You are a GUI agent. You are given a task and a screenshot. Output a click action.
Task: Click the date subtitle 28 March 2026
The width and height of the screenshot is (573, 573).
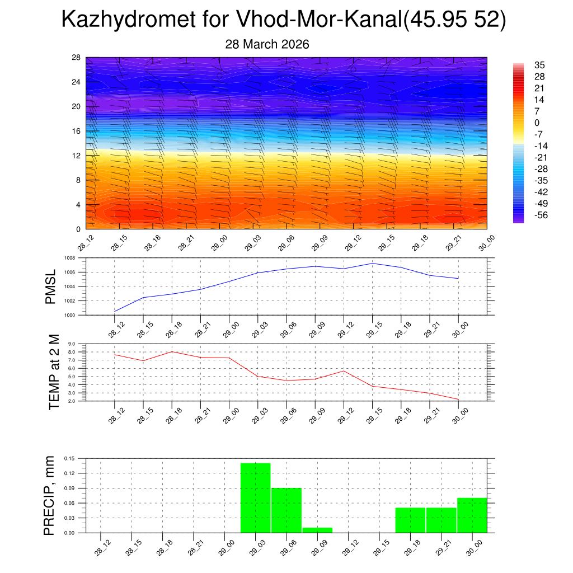point(267,44)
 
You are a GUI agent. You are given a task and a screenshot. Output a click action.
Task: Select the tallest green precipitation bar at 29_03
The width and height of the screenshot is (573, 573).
point(255,498)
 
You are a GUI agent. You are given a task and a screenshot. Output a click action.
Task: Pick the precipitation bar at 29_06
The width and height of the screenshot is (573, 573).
point(286,510)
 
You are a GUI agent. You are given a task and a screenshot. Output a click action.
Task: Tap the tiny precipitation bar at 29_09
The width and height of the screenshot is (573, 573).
point(317,530)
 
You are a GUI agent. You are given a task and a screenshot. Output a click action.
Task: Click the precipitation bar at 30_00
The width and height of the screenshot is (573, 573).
point(472,515)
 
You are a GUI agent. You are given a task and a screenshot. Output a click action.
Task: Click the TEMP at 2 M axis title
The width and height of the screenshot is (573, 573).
point(54,372)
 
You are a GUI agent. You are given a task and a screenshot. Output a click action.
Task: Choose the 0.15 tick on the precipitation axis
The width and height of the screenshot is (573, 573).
point(69,458)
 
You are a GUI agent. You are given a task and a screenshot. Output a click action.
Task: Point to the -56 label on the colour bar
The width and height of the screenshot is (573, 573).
point(533,215)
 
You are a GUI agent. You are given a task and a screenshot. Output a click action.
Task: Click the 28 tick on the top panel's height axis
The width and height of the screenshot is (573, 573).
point(76,58)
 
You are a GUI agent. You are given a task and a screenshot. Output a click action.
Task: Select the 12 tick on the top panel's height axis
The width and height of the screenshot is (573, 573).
point(76,156)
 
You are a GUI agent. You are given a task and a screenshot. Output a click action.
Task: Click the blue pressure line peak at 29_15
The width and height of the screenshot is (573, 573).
point(372,263)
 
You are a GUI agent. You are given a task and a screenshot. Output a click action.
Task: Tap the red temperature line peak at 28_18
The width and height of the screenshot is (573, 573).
point(172,351)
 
